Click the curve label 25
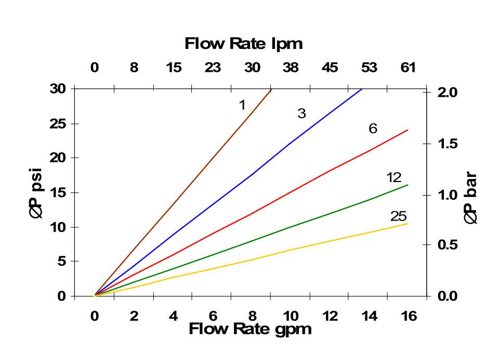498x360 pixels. pos(398,216)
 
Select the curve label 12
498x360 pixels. pos(394,178)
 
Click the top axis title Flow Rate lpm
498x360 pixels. pos(243,44)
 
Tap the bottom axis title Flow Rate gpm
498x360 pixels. pos(250,329)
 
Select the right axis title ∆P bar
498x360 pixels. pos(470,198)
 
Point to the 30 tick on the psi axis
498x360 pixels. pos(58,89)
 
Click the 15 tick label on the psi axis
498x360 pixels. pos(58,192)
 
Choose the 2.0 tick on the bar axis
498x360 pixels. pos(446,93)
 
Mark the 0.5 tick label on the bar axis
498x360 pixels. pos(446,245)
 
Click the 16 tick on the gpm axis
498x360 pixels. pos(409,316)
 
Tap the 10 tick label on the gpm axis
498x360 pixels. pos(291,316)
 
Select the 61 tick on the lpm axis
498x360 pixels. pos(408,68)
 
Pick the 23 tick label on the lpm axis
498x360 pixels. pos(212,68)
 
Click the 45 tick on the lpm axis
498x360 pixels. pos(330,68)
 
